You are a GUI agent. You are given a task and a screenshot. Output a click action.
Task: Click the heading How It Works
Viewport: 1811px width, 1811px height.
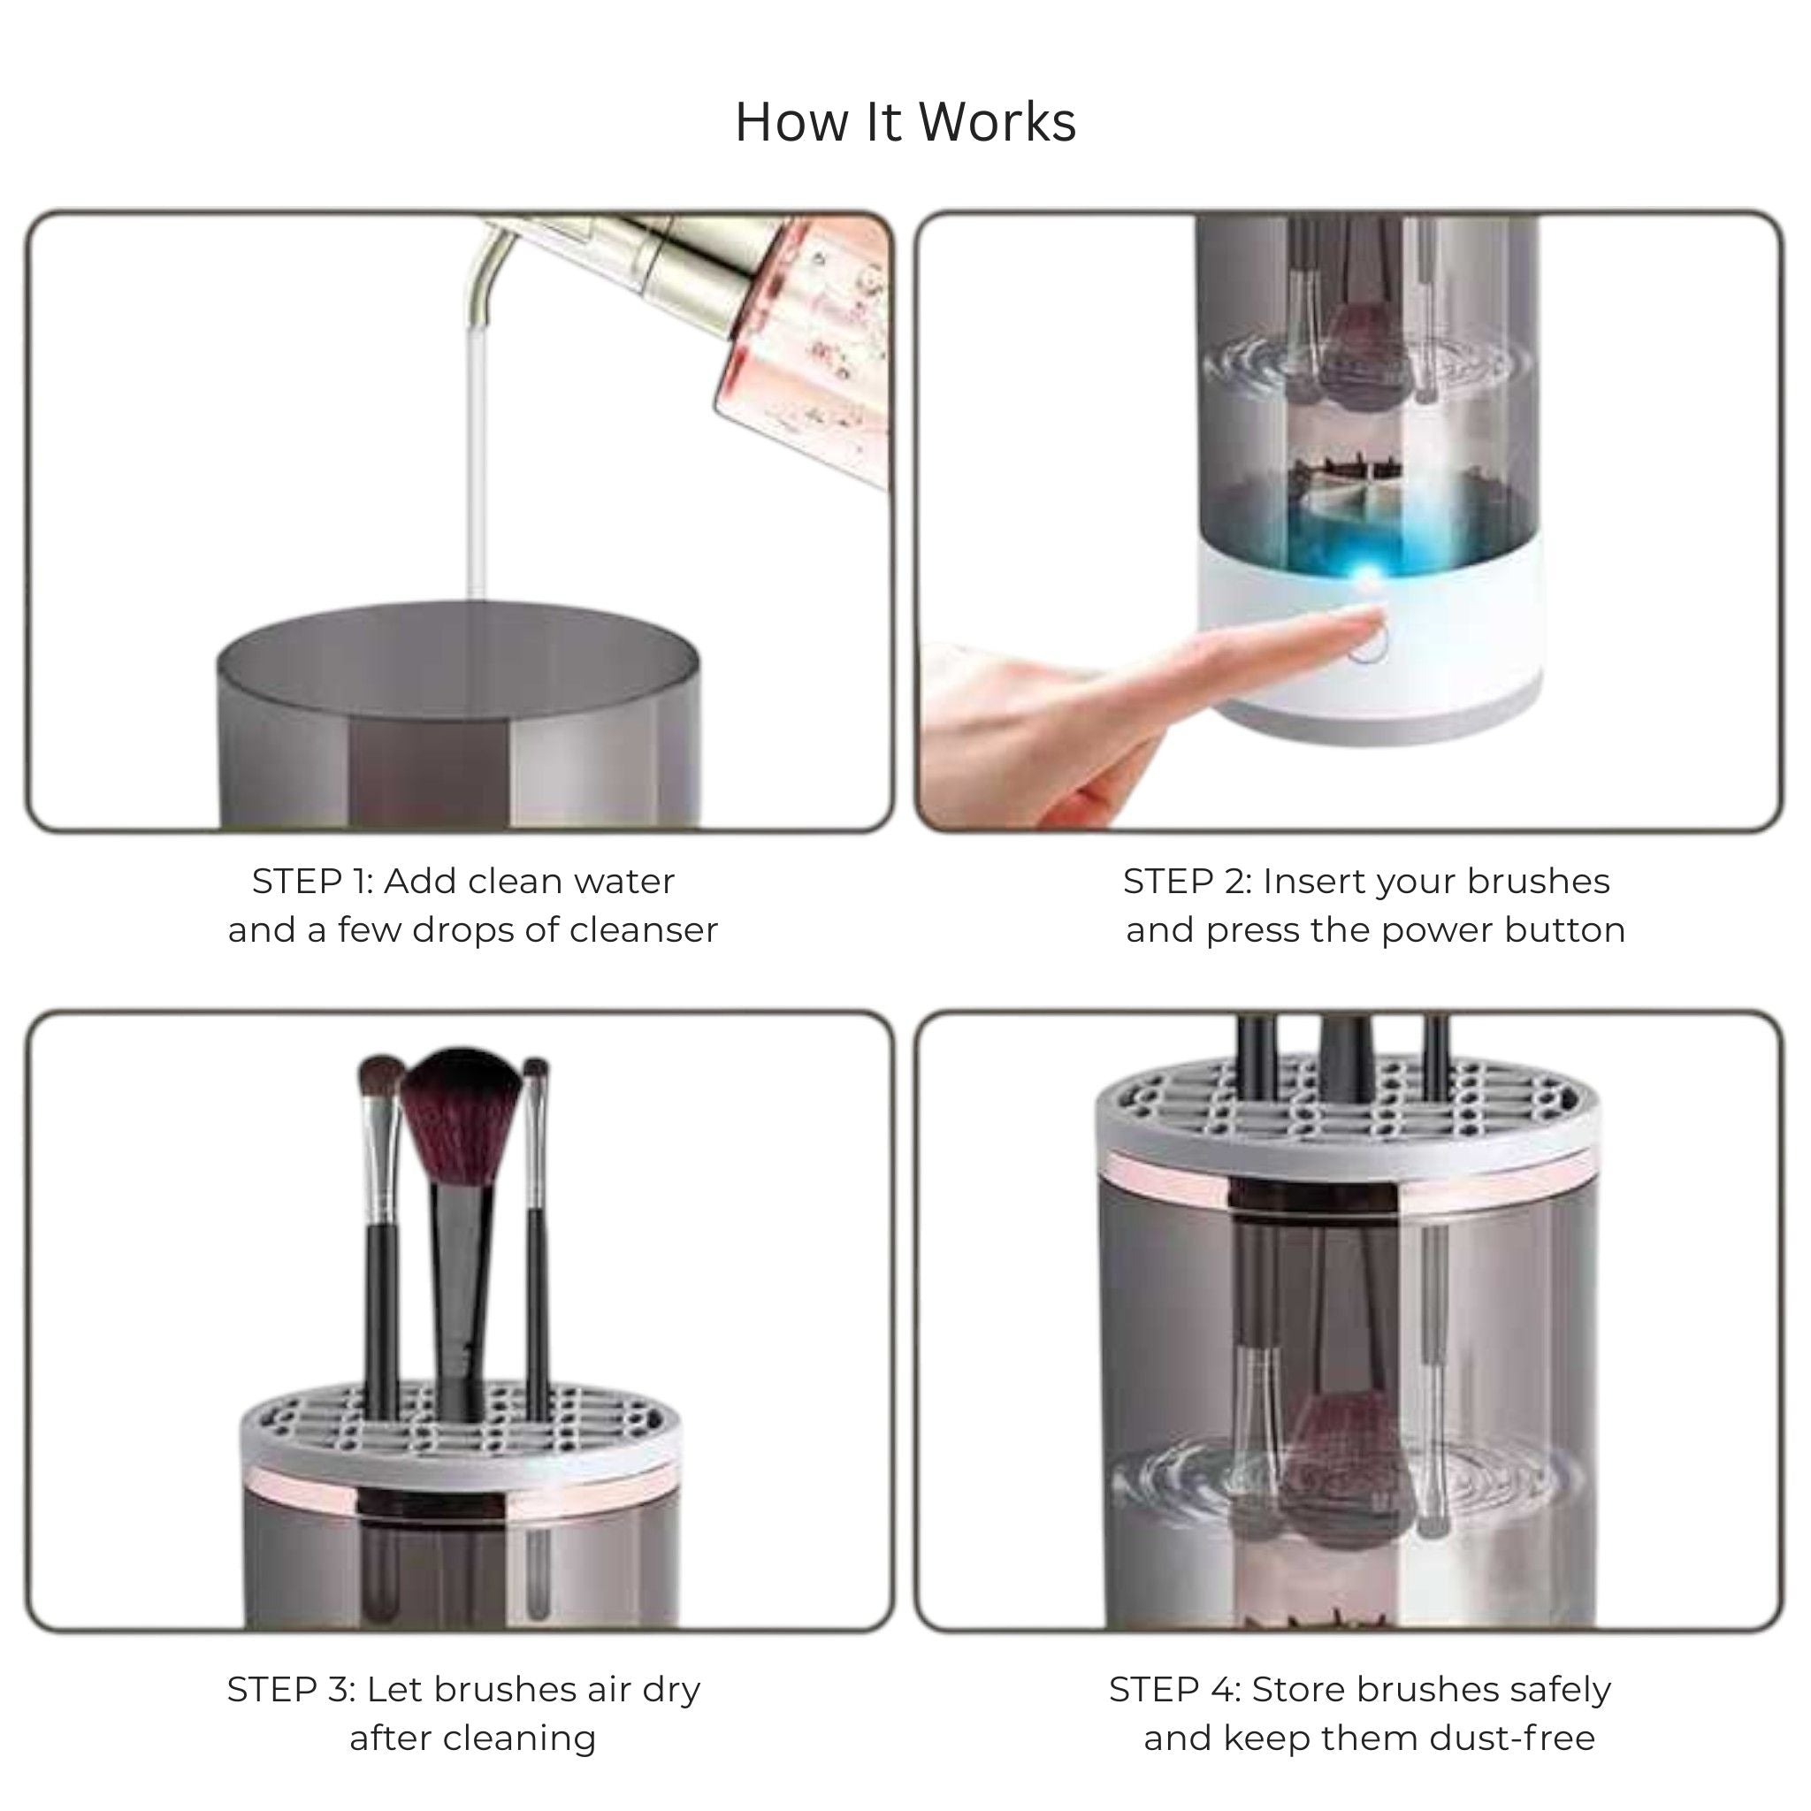(x=905, y=123)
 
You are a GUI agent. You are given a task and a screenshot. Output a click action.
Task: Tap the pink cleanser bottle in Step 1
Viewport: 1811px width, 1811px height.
(x=806, y=347)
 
